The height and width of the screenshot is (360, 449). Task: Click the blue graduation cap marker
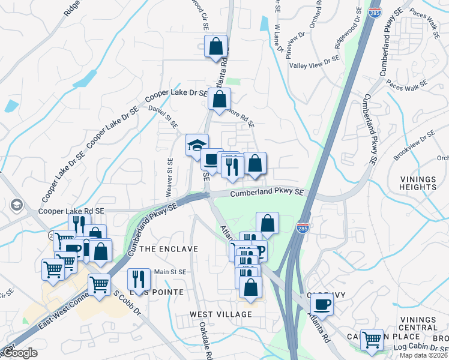tap(196, 145)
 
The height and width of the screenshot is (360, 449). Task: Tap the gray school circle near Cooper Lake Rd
tap(16, 205)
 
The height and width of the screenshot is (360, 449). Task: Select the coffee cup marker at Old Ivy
tap(322, 304)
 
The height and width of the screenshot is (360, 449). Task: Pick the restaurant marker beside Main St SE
tap(139, 279)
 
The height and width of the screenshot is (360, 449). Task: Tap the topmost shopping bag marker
tap(215, 47)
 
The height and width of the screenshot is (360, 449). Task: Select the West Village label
tap(221, 314)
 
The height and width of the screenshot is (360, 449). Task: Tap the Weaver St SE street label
tap(170, 178)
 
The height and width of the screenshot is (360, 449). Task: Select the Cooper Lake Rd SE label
tap(71, 211)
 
